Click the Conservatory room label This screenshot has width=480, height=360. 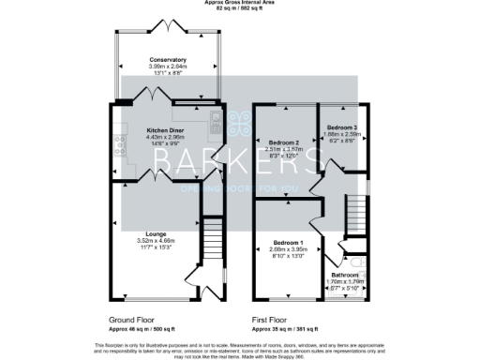click(x=168, y=59)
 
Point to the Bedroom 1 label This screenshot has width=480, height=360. click(x=283, y=242)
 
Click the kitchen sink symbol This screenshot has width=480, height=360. click(x=215, y=118)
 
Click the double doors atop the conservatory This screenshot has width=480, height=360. click(x=168, y=23)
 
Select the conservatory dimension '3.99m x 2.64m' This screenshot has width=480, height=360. click(x=168, y=66)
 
